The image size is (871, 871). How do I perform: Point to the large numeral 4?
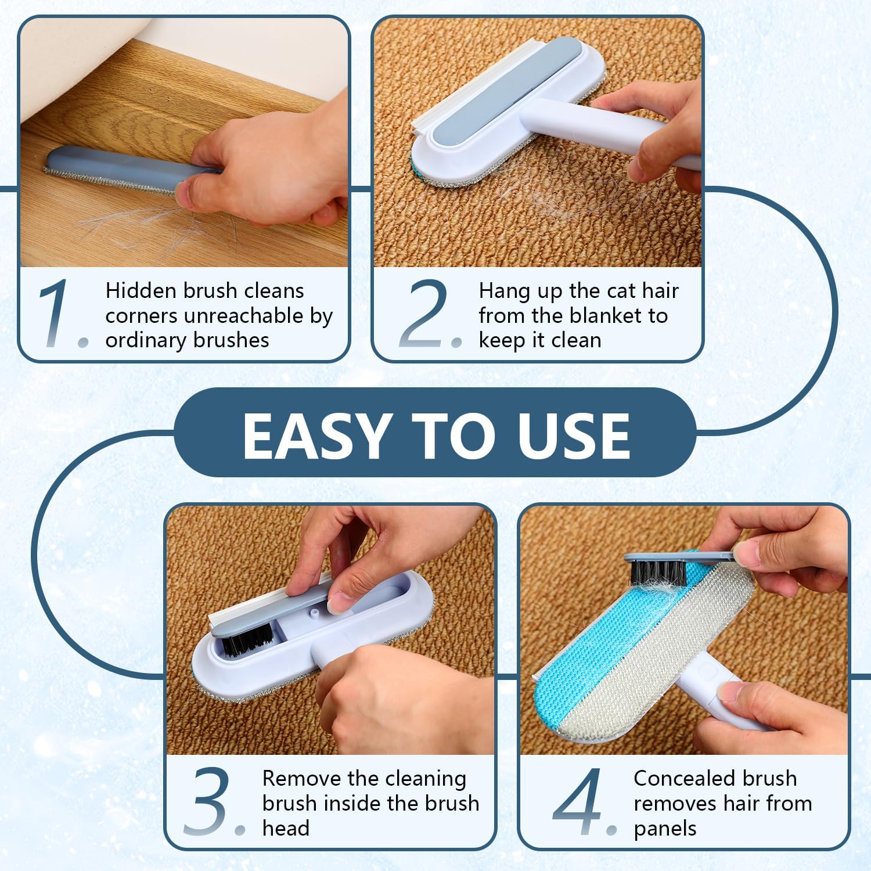[580, 801]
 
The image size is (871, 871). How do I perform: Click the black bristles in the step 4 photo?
[656, 573]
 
